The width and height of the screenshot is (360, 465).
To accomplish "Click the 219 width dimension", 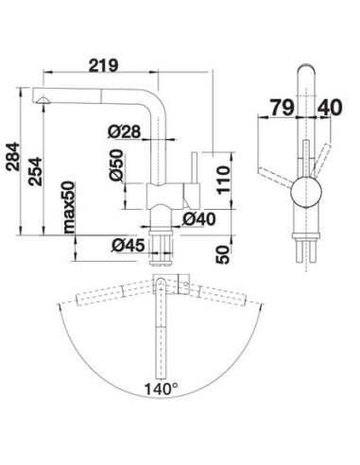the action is tap(103, 65).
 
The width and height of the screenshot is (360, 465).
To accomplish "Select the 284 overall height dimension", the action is tap(13, 157).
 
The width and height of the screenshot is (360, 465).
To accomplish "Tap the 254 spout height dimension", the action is tap(35, 171).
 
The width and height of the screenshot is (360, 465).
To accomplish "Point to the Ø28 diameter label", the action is tap(124, 131).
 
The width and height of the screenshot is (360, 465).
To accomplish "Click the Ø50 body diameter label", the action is tap(116, 164).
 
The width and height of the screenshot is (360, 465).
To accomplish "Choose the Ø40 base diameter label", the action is tap(199, 218).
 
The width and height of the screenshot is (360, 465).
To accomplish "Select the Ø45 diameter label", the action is tap(128, 246).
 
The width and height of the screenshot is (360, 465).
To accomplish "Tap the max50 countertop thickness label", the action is tap(69, 207).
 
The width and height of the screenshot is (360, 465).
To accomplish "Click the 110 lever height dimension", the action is tap(223, 180).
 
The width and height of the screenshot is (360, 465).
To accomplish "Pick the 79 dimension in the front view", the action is tap(282, 107).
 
